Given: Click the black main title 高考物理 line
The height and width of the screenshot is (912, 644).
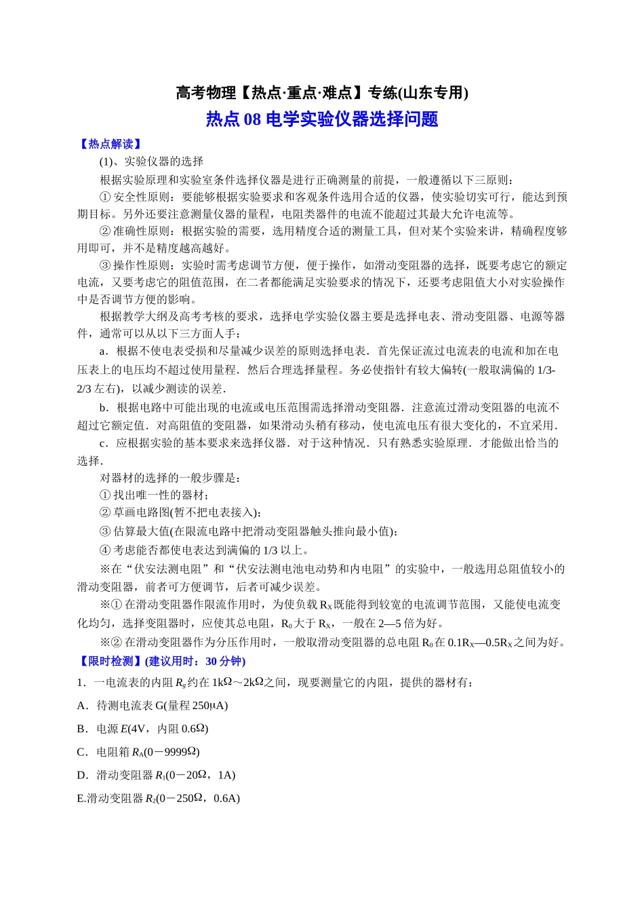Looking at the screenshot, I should tap(321, 93).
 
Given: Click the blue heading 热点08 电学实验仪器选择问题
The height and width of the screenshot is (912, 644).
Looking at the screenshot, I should tap(321, 119).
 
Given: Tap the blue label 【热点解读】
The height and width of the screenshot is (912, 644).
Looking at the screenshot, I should tap(110, 144).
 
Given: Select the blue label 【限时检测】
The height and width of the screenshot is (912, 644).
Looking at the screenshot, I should tap(110, 661).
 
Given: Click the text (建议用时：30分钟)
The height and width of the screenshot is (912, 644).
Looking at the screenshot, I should tap(195, 661).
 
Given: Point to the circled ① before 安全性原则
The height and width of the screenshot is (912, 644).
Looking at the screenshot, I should tap(105, 197).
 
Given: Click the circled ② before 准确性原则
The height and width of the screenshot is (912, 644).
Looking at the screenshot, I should tap(105, 231).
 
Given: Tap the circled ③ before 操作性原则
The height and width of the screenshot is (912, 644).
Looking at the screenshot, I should tap(105, 265).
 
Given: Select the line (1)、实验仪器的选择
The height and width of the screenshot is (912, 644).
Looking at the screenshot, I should tap(151, 161).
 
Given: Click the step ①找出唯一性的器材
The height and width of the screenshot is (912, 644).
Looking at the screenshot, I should tap(155, 495).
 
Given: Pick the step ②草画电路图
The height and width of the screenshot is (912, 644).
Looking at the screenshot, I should tap(180, 513).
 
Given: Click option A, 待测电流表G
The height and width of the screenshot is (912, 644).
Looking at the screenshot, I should tap(153, 706).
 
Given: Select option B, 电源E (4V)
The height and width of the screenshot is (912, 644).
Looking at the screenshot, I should tap(142, 729).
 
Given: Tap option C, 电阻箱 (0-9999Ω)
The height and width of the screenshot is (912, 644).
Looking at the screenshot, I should tap(138, 752).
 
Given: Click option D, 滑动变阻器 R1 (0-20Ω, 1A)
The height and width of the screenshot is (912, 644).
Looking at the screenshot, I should tap(157, 775).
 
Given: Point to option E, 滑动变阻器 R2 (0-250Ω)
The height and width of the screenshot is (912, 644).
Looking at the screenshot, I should tap(159, 798).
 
